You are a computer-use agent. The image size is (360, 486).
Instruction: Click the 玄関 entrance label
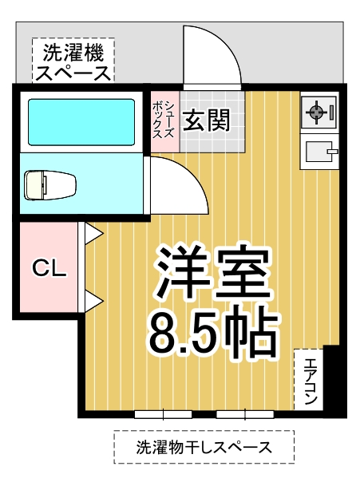pos(207,121)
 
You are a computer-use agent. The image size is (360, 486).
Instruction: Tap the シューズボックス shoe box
pos(163,121)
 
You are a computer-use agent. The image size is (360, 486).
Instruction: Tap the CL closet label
pos(49,267)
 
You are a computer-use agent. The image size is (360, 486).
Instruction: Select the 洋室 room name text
pos(212,272)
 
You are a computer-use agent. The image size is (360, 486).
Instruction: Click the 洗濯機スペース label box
pos(73,61)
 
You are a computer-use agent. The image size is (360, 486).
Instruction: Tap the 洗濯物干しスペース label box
pos(204,447)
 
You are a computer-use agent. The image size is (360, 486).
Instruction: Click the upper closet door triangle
pos(93,233)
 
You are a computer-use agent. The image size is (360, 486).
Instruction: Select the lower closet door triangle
pos(93,302)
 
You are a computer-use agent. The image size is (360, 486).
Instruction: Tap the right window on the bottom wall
pos(243,413)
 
